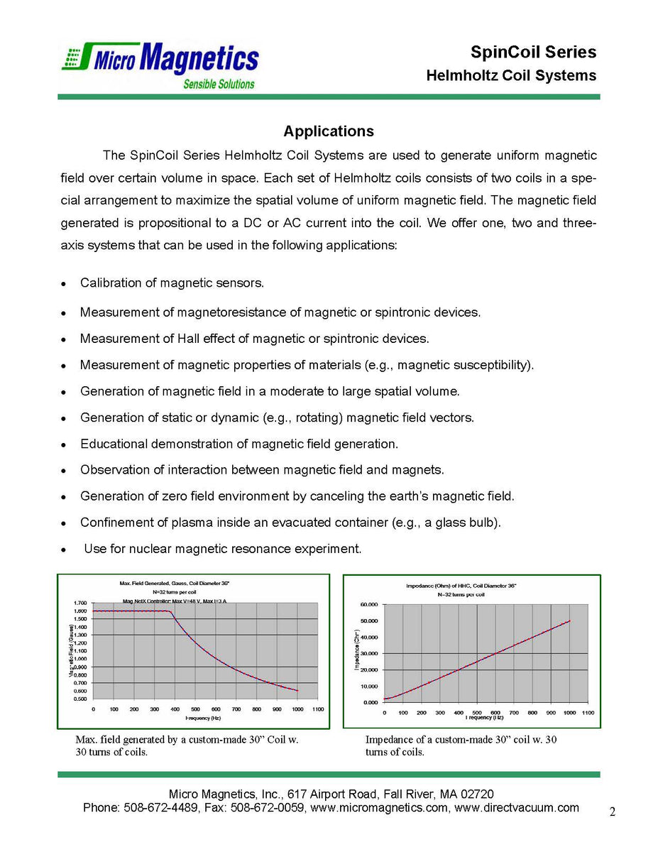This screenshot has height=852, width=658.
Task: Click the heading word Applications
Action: [328, 131]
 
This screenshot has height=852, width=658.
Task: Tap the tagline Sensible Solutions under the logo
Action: [219, 84]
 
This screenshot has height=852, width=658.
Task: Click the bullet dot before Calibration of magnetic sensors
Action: [64, 284]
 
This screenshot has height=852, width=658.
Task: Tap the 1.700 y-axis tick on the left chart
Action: [79, 603]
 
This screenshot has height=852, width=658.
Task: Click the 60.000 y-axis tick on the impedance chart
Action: [368, 605]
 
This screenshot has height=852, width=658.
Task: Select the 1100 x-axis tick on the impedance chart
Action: [588, 712]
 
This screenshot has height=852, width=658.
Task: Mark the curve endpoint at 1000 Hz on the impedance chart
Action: [569, 621]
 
